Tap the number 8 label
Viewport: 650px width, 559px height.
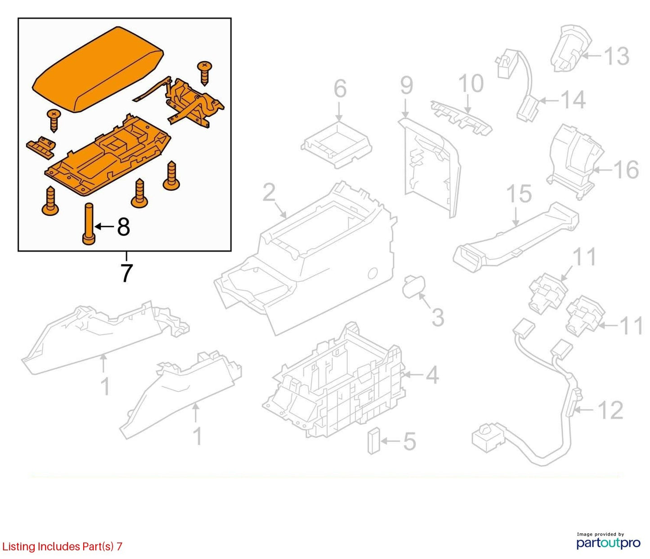tap(123, 227)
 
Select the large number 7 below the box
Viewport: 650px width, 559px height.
tap(126, 273)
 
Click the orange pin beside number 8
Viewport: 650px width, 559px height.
tap(89, 224)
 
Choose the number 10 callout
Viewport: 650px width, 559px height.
tap(471, 83)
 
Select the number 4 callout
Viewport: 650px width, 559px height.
tap(432, 374)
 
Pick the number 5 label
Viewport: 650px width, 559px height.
tap(409, 441)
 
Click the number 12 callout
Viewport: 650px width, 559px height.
tap(611, 410)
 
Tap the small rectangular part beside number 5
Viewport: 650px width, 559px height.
tap(373, 441)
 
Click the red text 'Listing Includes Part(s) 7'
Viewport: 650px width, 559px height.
tap(62, 546)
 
